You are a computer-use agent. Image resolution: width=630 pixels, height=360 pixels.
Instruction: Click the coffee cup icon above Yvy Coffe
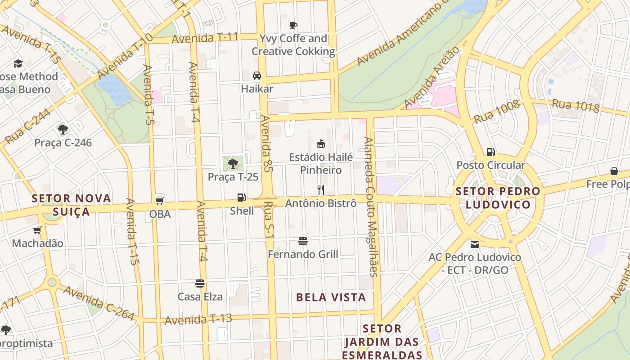(x=293, y=25)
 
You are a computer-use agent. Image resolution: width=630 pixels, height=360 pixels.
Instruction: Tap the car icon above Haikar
(x=257, y=76)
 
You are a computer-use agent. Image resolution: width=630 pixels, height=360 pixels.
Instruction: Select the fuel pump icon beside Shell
(x=242, y=198)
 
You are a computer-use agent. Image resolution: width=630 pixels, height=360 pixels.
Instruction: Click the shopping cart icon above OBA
(x=159, y=200)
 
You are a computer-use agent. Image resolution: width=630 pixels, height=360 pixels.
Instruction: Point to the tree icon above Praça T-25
(x=233, y=163)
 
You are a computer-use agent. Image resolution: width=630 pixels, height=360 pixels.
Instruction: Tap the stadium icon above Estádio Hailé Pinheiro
(x=321, y=144)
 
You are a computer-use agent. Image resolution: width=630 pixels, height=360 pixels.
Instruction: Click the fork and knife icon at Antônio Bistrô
(x=321, y=190)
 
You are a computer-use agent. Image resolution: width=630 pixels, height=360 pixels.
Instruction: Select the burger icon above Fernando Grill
(x=303, y=242)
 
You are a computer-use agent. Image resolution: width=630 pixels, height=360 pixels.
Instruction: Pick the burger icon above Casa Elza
(x=200, y=283)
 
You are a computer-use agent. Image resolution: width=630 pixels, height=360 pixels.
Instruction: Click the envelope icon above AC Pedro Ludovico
(x=475, y=244)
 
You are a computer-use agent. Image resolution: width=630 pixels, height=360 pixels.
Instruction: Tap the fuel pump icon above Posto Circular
(x=490, y=152)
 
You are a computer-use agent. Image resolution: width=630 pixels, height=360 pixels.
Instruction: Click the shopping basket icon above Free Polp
(x=614, y=171)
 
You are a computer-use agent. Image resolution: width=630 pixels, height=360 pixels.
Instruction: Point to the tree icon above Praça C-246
(x=63, y=130)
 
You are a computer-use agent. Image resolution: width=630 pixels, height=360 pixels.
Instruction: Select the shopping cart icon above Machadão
(x=37, y=230)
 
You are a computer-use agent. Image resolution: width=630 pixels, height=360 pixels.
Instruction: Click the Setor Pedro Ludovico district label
(x=498, y=198)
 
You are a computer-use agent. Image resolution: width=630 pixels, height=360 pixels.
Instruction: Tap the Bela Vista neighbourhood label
(x=331, y=297)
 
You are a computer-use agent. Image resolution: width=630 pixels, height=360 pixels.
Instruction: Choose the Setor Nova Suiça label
(x=72, y=205)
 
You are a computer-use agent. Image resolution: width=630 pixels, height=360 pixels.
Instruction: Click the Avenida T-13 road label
(x=198, y=319)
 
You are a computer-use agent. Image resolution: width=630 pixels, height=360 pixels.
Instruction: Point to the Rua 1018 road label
(x=576, y=106)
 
